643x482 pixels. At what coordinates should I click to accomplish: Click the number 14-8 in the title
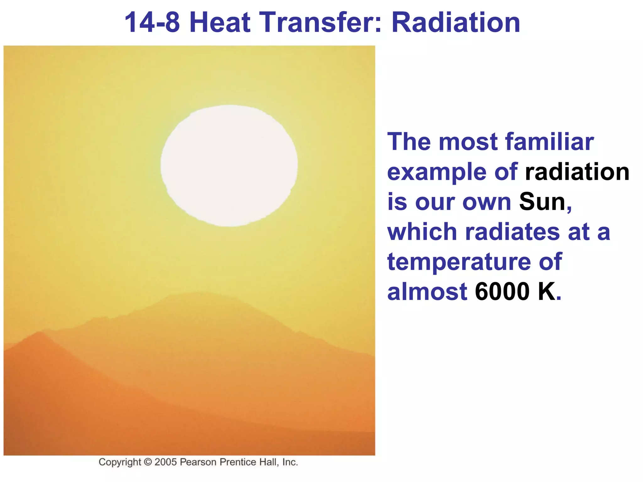(x=152, y=23)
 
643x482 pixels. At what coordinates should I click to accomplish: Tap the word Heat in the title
(x=220, y=23)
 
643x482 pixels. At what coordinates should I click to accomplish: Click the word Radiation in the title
(x=456, y=23)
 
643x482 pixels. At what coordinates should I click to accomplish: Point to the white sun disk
(x=229, y=166)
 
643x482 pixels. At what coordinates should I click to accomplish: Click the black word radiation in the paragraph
(x=577, y=172)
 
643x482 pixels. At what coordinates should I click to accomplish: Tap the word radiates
(x=512, y=232)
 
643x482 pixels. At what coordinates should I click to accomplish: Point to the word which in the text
(x=422, y=232)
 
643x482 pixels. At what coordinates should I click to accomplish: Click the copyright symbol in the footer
(x=148, y=462)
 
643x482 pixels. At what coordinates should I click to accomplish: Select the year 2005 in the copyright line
(x=165, y=462)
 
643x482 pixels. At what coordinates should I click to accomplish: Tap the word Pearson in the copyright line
(x=198, y=462)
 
